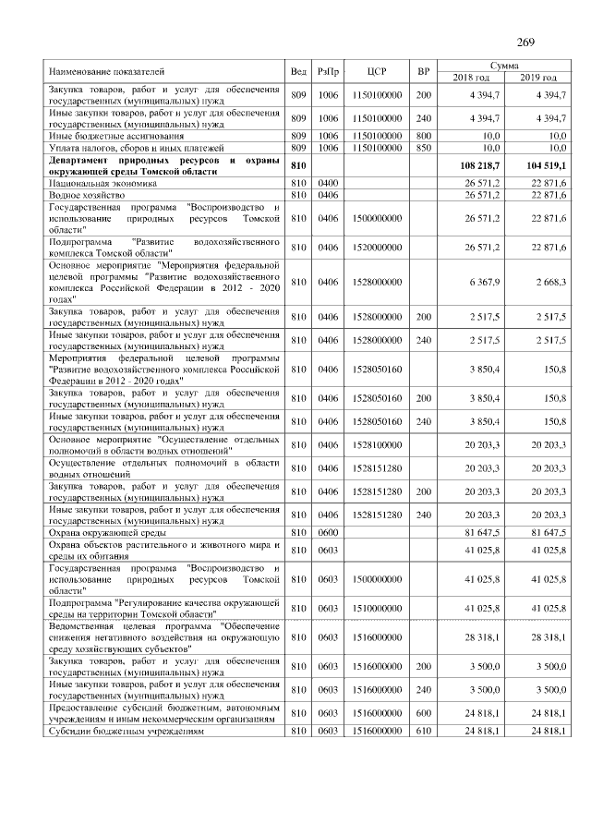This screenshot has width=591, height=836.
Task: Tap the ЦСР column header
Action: tap(376, 71)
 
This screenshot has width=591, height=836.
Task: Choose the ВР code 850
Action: tap(423, 147)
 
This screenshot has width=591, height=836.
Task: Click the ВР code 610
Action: tap(423, 731)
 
